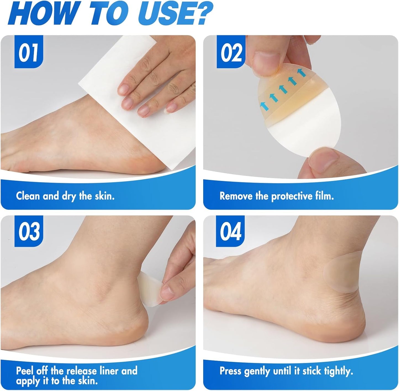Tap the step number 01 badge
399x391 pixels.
(29, 53)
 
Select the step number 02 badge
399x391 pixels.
(231, 53)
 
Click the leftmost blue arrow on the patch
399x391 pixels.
(264, 106)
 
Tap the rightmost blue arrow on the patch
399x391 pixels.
(301, 72)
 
